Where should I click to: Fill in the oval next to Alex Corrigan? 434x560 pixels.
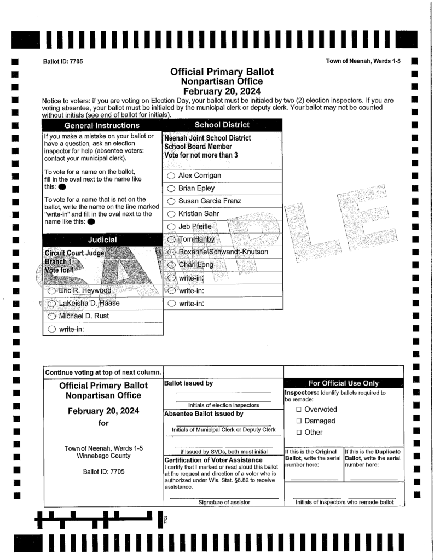click(x=171, y=176)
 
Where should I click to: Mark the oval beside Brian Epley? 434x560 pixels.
click(x=171, y=188)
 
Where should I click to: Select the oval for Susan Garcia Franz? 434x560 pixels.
click(x=171, y=201)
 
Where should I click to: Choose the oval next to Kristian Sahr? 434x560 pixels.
click(x=171, y=214)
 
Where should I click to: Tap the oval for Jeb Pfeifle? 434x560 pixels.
click(x=171, y=226)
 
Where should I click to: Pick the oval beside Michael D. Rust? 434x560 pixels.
click(x=52, y=317)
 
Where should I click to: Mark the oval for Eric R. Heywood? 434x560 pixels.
click(x=52, y=290)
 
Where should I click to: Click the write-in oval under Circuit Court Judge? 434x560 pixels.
click(x=52, y=329)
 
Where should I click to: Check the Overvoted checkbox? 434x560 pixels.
click(x=299, y=409)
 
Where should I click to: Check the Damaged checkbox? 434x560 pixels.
click(x=299, y=421)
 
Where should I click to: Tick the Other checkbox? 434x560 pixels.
click(x=299, y=433)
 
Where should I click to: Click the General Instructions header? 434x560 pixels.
click(x=102, y=126)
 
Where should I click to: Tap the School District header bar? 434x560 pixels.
click(x=222, y=125)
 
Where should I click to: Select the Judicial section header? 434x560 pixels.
click(x=102, y=240)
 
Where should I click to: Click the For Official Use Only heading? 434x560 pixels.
click(x=343, y=383)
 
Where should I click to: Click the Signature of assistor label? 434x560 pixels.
click(x=224, y=502)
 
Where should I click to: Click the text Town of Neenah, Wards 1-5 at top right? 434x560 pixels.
click(x=363, y=61)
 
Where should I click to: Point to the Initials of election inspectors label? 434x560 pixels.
click(x=223, y=405)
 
